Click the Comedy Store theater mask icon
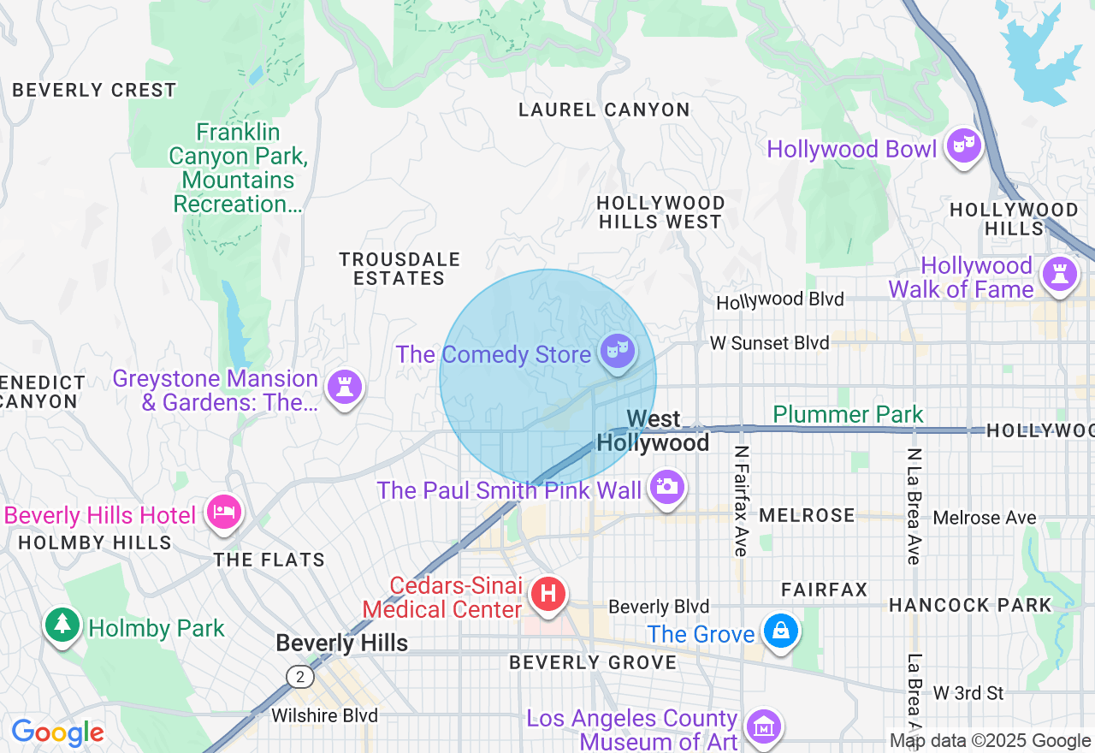coord(617,351)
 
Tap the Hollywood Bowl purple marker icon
coord(963,146)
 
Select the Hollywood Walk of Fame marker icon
coord(1059,275)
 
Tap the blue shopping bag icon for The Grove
coord(780,631)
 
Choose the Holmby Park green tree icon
coord(62,625)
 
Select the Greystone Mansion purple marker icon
coord(345,387)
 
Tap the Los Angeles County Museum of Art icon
coord(761,726)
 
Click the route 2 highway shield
coord(299,677)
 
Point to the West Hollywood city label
coord(653,430)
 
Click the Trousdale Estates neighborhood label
coord(400,269)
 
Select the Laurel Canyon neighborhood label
coord(604,110)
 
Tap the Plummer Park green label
coord(848,415)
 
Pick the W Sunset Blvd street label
coord(769,343)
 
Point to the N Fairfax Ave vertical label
coord(741,501)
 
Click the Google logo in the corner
coord(57,732)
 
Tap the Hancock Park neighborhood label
coord(970,605)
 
